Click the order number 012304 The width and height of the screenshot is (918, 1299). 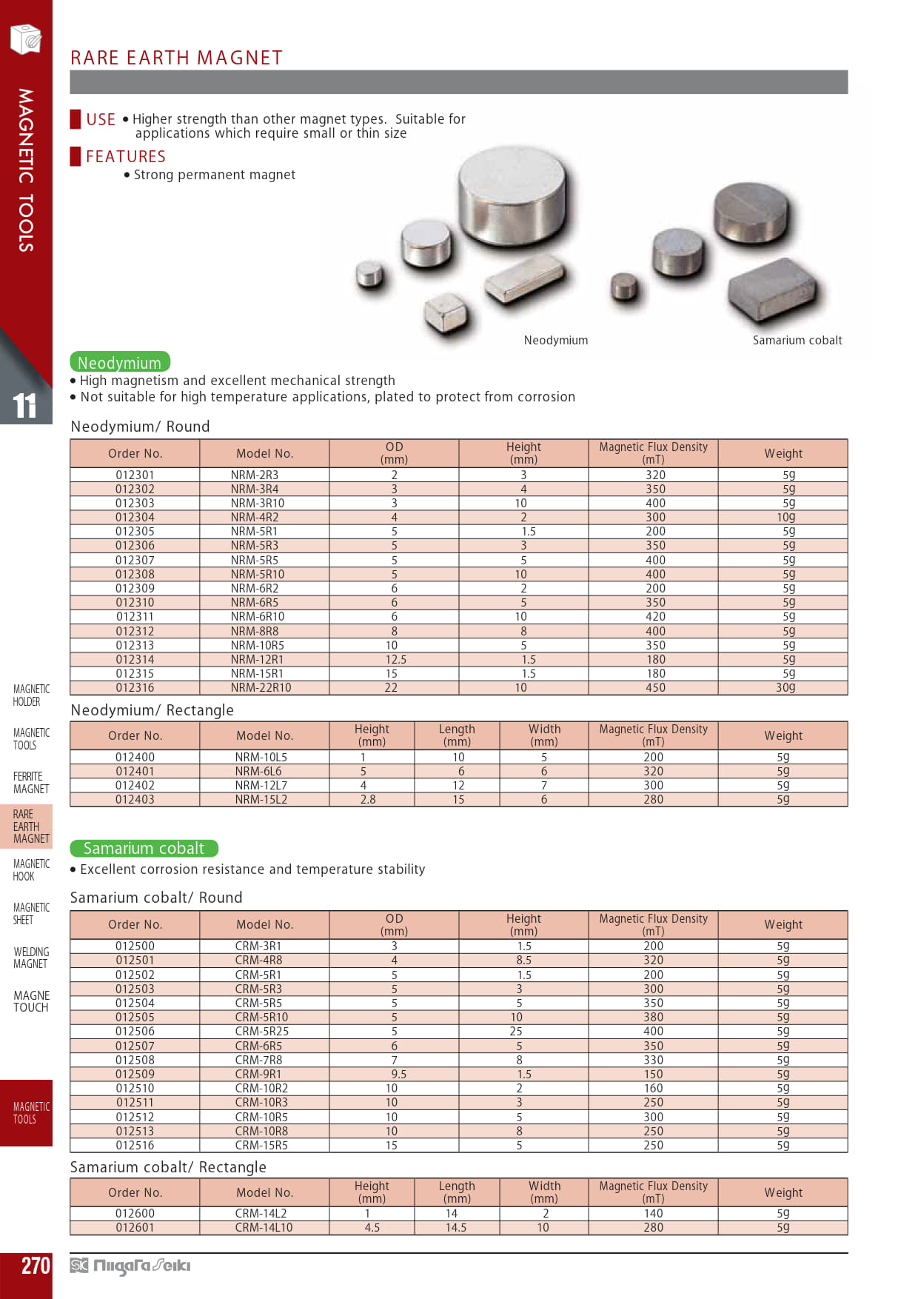(135, 517)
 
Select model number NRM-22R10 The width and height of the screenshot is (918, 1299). (261, 687)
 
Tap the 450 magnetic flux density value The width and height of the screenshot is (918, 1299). (655, 687)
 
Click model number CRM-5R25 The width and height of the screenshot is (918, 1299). (261, 1031)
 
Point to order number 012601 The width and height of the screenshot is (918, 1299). (135, 1227)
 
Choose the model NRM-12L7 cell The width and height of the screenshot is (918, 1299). (261, 785)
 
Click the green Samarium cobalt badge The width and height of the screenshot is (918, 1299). (144, 848)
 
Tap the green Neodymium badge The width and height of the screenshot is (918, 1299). (120, 362)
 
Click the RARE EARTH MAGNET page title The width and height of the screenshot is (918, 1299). (176, 58)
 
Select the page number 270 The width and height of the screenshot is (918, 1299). (36, 1266)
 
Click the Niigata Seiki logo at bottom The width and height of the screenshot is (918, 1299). (130, 1266)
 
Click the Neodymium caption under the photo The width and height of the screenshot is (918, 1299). (556, 340)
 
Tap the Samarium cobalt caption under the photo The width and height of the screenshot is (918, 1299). (797, 340)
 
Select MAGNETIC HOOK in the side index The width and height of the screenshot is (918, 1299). (31, 869)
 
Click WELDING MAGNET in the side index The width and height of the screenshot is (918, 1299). (31, 957)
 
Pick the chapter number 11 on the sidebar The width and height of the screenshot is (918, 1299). (24, 405)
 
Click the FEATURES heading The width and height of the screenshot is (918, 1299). (126, 156)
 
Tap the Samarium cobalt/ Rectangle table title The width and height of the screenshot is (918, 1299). (168, 1166)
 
